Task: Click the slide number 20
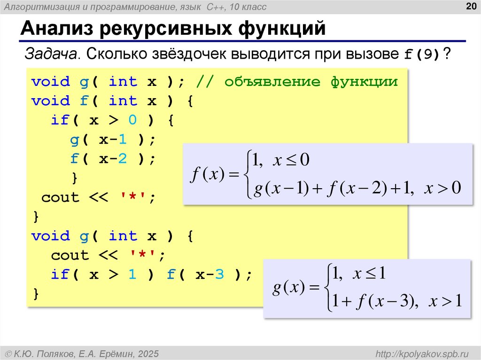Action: point(470,6)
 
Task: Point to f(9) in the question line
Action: point(422,54)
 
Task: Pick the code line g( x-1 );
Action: point(112,140)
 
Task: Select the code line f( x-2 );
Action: point(112,159)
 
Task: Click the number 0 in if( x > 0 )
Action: point(132,121)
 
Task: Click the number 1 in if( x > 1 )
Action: point(132,275)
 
